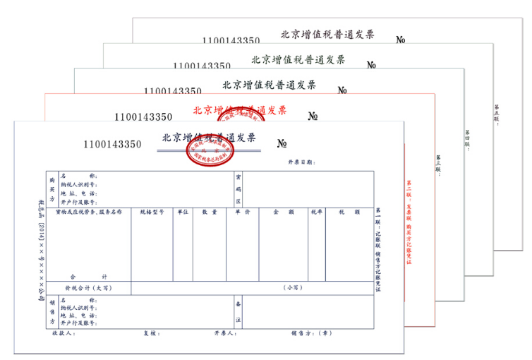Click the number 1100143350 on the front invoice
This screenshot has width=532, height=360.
click(112, 145)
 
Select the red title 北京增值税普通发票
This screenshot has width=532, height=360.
click(239, 110)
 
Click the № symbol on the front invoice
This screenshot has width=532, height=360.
click(282, 144)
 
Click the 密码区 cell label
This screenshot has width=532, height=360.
click(238, 190)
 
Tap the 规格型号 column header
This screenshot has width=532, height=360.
click(152, 212)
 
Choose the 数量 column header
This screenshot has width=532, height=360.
click(209, 212)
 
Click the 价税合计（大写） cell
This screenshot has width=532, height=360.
click(88, 288)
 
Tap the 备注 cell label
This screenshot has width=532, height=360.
click(238, 311)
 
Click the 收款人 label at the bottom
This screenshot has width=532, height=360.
click(64, 333)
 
